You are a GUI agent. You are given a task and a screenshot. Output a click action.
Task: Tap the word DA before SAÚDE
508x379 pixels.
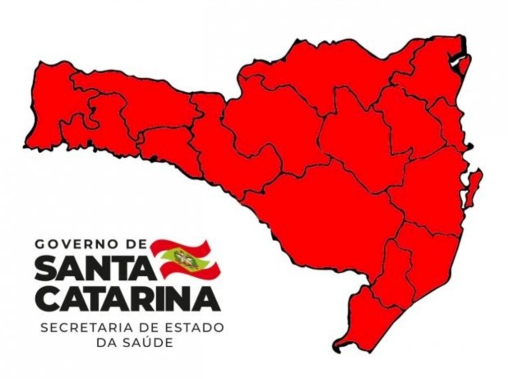106,342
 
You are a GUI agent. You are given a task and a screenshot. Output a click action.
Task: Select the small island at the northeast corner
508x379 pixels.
464,64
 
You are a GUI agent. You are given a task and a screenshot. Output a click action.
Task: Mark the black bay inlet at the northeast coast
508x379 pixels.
456,57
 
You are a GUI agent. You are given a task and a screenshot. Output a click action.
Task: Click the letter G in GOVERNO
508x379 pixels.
39,244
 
